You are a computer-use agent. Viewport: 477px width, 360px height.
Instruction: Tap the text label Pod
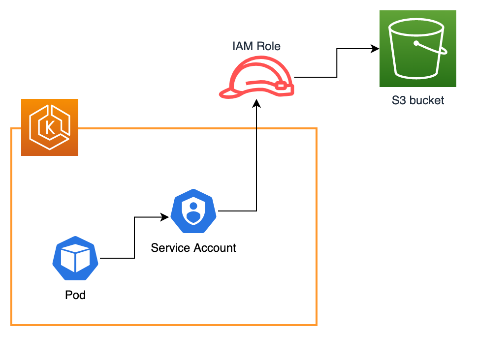[x=75, y=295]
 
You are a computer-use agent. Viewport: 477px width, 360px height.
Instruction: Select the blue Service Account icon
[x=193, y=211]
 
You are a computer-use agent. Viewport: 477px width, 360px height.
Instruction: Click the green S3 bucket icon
[x=417, y=49]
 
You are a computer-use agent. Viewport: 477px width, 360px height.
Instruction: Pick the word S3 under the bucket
[x=398, y=101]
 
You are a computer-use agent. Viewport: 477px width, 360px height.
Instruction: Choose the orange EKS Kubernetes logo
[x=50, y=127]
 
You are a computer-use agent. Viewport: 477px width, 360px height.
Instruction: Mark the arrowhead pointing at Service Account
[x=166, y=216]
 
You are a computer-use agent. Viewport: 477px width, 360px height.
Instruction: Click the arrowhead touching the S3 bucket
[x=375, y=49]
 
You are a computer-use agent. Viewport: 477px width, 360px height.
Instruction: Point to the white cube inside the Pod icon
[x=75, y=259]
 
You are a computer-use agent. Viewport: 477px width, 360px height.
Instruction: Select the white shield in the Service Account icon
[x=193, y=211]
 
